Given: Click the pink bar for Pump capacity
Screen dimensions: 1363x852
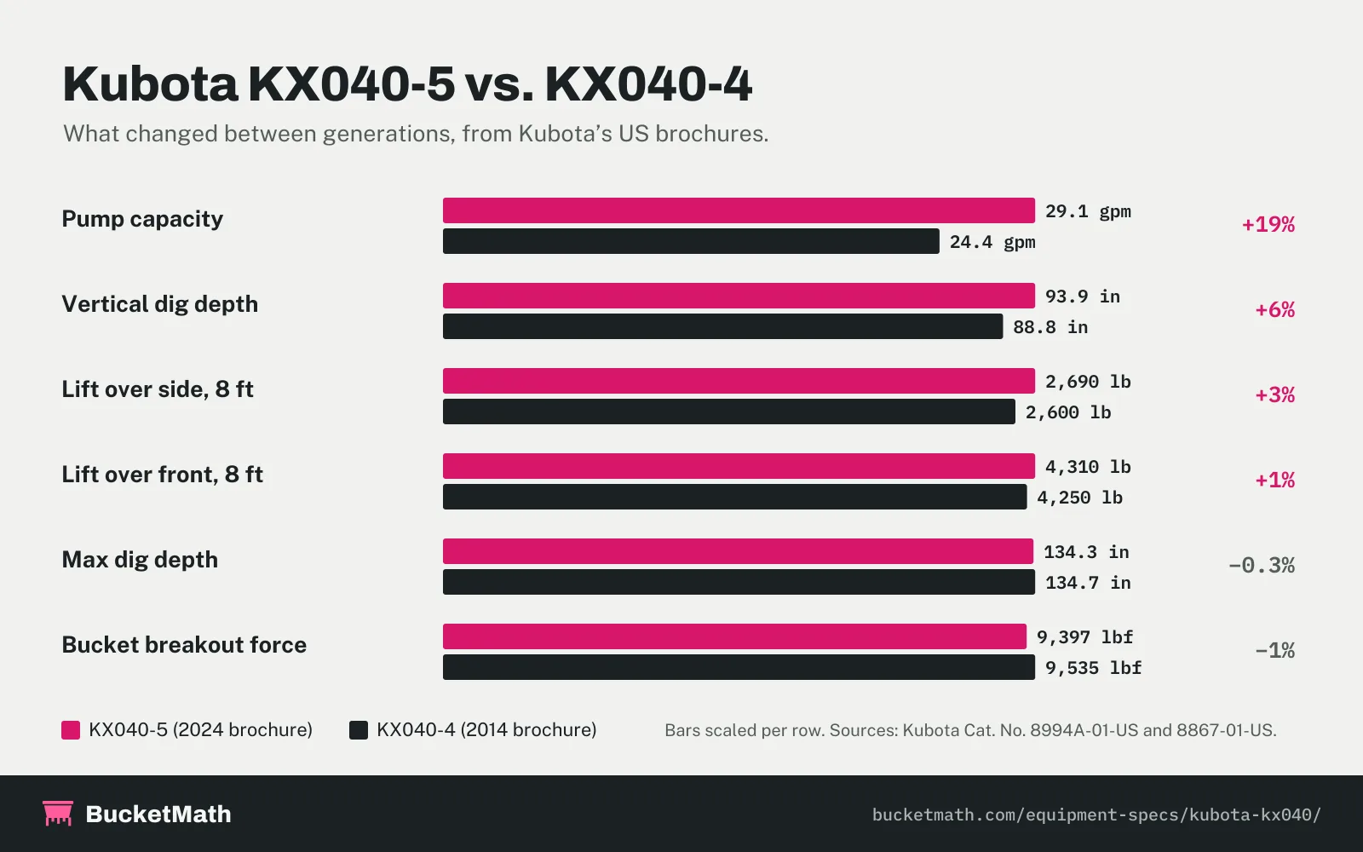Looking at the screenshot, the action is point(739,210).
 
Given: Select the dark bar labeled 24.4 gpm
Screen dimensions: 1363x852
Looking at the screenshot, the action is point(691,241).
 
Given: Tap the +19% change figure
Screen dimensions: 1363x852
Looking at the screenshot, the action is point(1268,225).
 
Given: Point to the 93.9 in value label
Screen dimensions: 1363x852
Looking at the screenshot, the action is point(1083,296).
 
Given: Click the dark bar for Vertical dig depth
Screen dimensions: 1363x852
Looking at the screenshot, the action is point(723,326).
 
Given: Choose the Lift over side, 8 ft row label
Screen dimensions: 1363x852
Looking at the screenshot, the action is point(158,389).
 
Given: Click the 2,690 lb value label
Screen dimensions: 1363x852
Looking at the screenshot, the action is point(1088,382).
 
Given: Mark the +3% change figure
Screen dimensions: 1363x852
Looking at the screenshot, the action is point(1274,395).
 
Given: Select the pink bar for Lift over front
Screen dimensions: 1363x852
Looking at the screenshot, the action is point(739,466).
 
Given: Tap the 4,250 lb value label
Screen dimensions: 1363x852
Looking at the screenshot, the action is point(1079,498).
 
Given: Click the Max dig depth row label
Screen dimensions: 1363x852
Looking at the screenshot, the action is point(140,560).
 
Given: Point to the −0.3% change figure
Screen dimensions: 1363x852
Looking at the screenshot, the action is point(1262,566).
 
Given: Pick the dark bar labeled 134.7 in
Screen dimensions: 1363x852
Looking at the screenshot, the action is point(739,582).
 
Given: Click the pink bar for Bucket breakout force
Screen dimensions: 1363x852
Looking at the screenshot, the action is point(734,636).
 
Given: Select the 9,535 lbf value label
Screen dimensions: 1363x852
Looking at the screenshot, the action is point(1094,668).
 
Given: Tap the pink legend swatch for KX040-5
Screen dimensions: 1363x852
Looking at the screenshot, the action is point(71,730).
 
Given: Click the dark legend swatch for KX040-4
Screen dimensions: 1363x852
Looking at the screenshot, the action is point(359,730).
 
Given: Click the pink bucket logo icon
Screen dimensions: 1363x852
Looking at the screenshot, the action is point(58,813).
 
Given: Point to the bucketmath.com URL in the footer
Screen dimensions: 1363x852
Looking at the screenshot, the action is point(1096,815).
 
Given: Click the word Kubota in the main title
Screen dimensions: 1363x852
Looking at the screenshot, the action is point(150,84).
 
